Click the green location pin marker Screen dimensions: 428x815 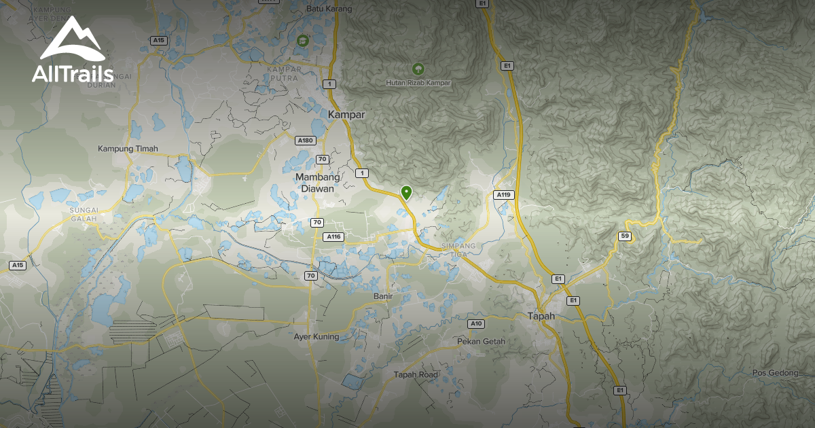click(x=406, y=193)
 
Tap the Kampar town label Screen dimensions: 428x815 click(x=346, y=115)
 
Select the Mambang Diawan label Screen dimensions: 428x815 click(x=315, y=183)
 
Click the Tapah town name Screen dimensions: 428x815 click(x=541, y=316)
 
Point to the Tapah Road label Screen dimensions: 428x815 click(x=416, y=374)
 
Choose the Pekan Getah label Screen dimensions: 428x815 click(x=482, y=341)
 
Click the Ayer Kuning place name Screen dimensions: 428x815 click(x=316, y=336)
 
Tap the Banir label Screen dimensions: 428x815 click(x=383, y=297)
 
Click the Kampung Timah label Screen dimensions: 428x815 click(x=128, y=149)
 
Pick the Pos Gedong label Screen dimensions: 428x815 click(x=774, y=373)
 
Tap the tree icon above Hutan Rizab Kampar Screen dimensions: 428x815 click(x=418, y=69)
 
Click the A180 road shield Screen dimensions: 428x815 click(x=306, y=141)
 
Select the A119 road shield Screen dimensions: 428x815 click(x=503, y=195)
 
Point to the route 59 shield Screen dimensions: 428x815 click(x=624, y=236)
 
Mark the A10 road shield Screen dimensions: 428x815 click(x=477, y=323)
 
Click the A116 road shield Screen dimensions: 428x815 click(x=333, y=236)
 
